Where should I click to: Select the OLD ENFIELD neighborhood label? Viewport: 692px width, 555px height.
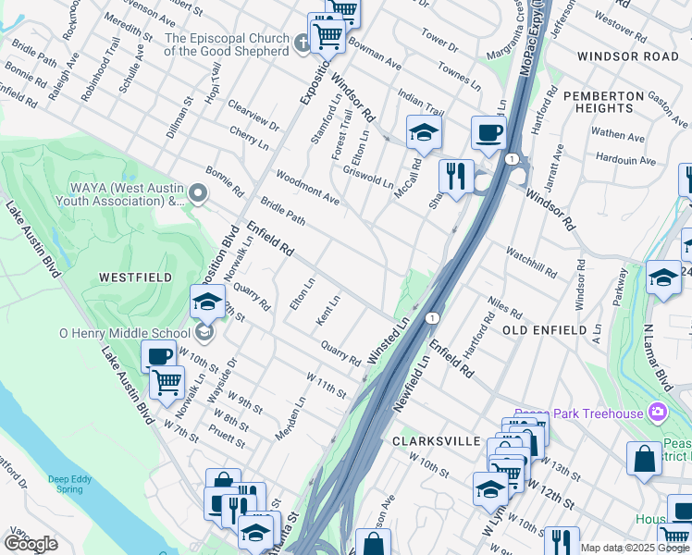point(545,330)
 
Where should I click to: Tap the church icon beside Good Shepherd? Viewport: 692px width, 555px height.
point(302,43)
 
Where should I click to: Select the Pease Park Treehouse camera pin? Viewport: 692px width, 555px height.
point(657,411)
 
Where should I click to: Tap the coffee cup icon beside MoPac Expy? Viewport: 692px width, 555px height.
point(488,131)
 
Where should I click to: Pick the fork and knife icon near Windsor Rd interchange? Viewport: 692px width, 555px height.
point(456,176)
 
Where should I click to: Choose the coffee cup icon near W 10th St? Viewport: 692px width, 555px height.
point(158,356)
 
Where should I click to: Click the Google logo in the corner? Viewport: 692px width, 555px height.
point(31,544)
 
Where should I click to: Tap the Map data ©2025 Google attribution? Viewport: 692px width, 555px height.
point(634,548)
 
